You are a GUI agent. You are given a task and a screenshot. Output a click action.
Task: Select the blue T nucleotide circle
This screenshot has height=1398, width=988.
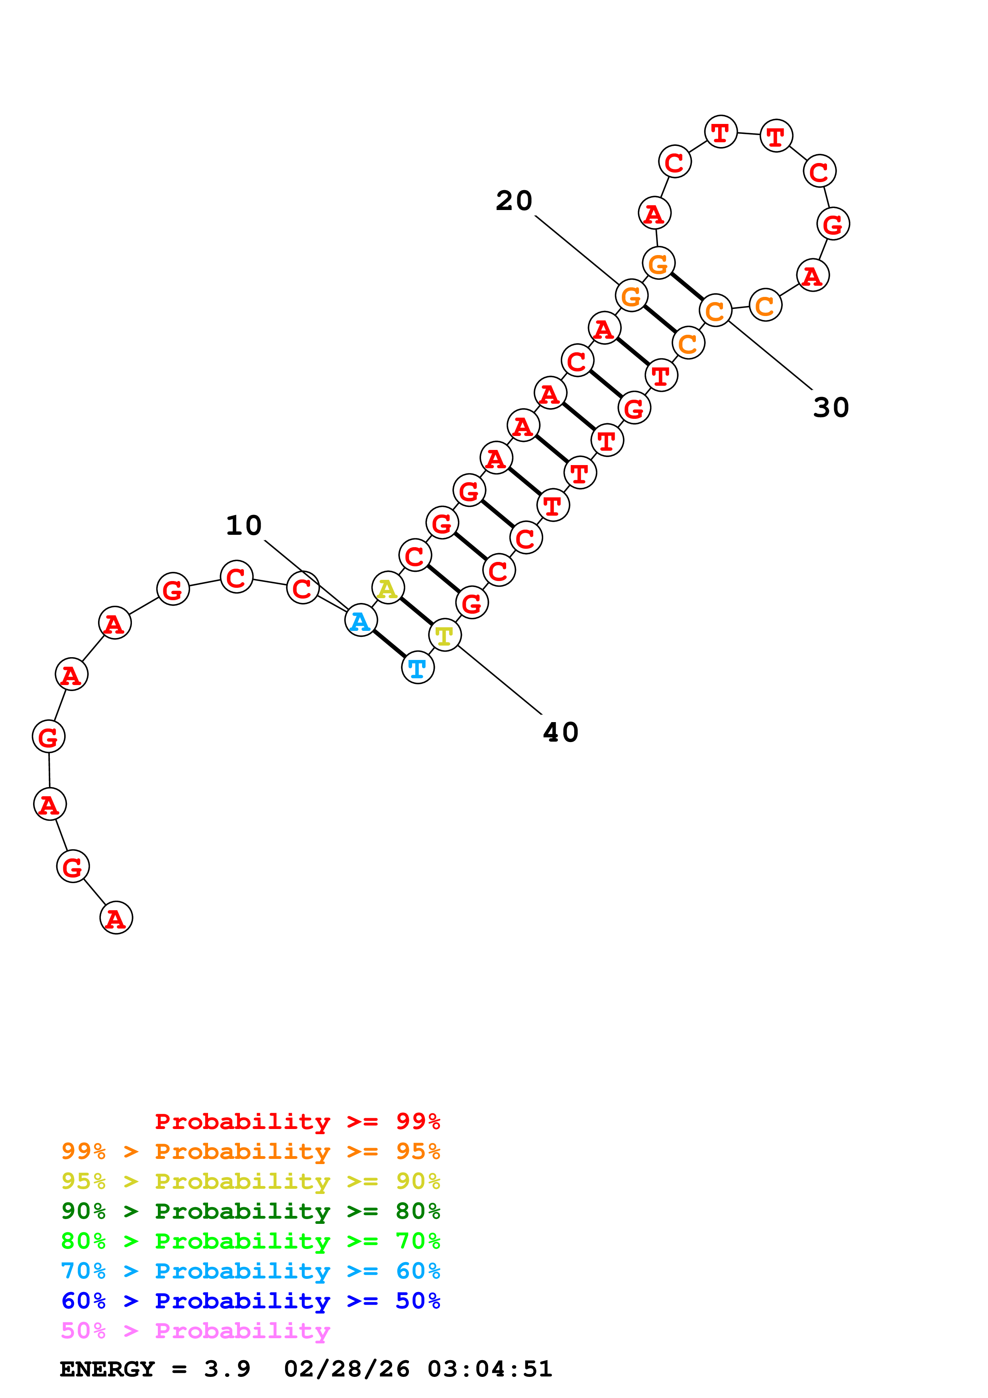point(418,668)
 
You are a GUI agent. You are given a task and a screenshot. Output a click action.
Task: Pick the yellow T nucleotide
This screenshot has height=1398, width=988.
point(444,636)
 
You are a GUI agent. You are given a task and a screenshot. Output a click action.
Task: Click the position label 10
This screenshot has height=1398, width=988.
point(244,526)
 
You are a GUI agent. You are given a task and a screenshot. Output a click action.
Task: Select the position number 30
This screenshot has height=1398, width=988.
point(831,407)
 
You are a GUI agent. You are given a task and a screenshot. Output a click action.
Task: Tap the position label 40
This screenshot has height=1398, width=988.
point(560,732)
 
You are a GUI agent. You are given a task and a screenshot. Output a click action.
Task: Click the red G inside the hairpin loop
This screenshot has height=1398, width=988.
point(833,224)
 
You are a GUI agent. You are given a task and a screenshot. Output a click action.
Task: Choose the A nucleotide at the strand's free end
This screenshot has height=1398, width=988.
point(116,918)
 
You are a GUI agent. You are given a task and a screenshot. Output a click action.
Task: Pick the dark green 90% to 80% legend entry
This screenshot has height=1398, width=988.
point(250,1211)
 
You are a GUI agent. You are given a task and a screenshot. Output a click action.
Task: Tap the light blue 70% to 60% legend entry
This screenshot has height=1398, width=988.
point(250,1271)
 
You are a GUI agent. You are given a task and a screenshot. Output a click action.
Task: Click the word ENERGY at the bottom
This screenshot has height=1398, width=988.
point(107,1369)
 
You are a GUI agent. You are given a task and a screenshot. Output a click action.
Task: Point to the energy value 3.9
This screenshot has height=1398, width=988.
point(227,1369)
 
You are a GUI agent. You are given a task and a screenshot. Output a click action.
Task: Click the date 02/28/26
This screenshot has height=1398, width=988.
point(347,1369)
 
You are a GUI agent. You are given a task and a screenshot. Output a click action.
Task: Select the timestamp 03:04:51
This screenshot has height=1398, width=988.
point(490,1369)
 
